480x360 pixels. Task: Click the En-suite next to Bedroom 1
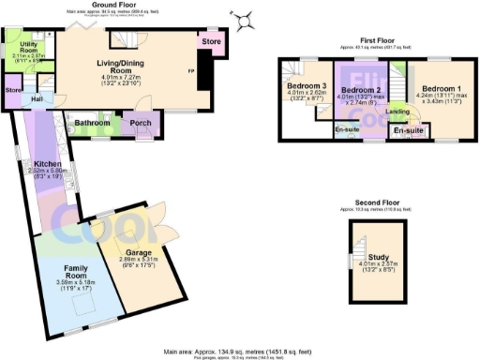point(407,130)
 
